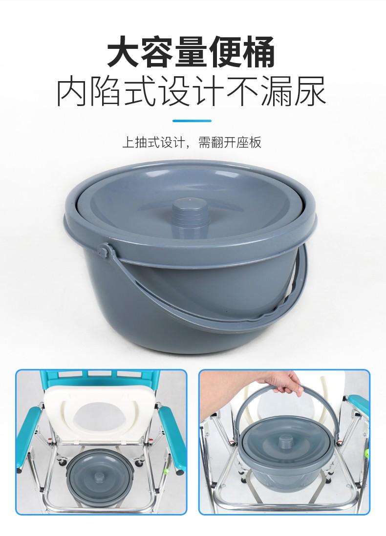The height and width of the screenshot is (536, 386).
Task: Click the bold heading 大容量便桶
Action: pos(191,52)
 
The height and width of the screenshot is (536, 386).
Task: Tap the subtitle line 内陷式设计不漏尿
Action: pos(191,91)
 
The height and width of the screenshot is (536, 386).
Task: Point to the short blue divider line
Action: pos(192,121)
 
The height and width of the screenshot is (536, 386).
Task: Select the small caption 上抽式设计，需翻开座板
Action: pos(192,142)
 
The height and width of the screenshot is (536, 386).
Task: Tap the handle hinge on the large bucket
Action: pos(105,249)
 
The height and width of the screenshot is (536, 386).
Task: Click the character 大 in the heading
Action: pos(124,52)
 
